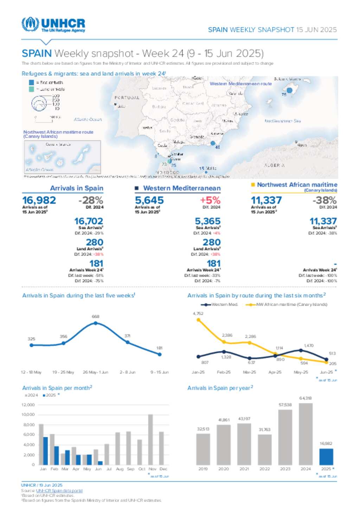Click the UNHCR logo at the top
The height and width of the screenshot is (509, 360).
tap(53, 25)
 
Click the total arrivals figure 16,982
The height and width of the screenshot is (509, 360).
tap(39, 200)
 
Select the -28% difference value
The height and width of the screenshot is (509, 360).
tap(91, 200)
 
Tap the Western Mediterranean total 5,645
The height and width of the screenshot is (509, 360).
tap(149, 200)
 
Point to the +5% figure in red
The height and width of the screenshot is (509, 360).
tap(210, 200)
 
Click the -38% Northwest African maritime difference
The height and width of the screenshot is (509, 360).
tap(324, 200)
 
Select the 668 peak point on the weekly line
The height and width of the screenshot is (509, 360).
tap(96, 323)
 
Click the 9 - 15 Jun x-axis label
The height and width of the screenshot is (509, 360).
tap(160, 372)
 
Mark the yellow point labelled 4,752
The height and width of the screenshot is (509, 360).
tap(198, 320)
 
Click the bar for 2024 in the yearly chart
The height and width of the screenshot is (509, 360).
tap(306, 434)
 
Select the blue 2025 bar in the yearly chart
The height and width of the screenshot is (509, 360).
tap(326, 457)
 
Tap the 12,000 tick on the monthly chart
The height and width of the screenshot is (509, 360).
tap(28, 405)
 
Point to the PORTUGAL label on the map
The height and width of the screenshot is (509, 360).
tap(127, 98)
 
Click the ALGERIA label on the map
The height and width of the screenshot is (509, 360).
tap(274, 165)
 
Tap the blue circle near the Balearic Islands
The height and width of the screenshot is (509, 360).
tap(289, 90)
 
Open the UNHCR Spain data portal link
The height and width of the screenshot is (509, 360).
tap(59, 491)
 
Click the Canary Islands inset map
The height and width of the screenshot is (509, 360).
tap(63, 157)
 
